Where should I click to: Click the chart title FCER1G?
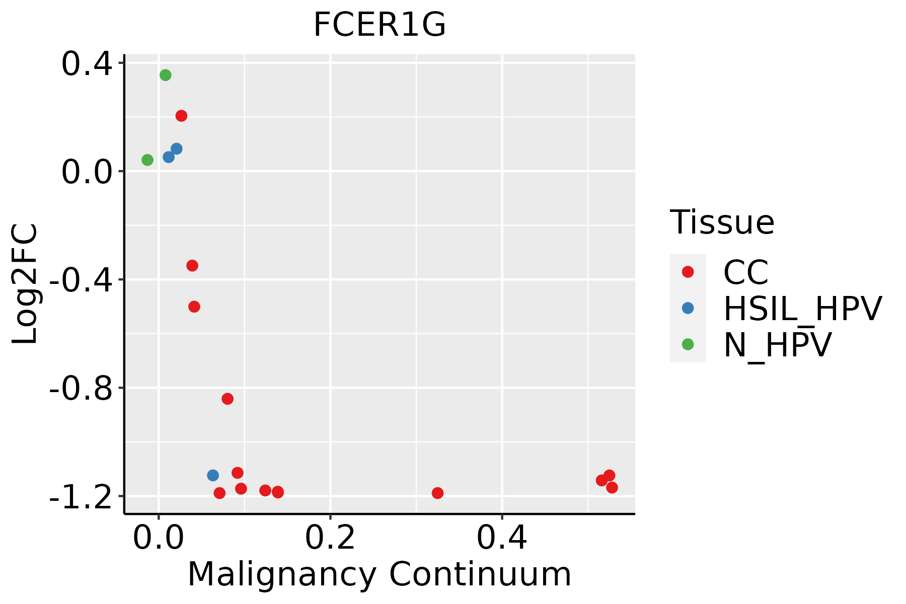(x=380, y=25)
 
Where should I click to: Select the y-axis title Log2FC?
(x=25, y=284)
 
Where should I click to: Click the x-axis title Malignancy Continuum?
(x=380, y=575)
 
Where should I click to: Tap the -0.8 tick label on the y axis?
(x=81, y=389)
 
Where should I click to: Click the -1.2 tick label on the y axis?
(x=81, y=497)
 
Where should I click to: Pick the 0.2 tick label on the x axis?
(x=330, y=539)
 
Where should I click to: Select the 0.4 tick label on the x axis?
(x=502, y=539)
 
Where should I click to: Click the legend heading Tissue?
(x=722, y=222)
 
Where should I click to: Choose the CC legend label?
(x=746, y=272)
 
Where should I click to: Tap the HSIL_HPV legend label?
(x=802, y=309)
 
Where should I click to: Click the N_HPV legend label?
(x=777, y=345)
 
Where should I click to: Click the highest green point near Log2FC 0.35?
(x=166, y=75)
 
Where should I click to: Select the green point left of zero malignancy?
(x=147, y=160)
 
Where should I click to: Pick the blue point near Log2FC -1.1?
(x=213, y=475)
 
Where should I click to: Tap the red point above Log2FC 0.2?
(x=181, y=116)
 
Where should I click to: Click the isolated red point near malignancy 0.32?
(x=437, y=493)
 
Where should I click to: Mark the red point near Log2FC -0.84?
(x=228, y=399)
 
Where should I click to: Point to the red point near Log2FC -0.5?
(x=194, y=307)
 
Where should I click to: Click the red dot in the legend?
(x=688, y=272)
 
